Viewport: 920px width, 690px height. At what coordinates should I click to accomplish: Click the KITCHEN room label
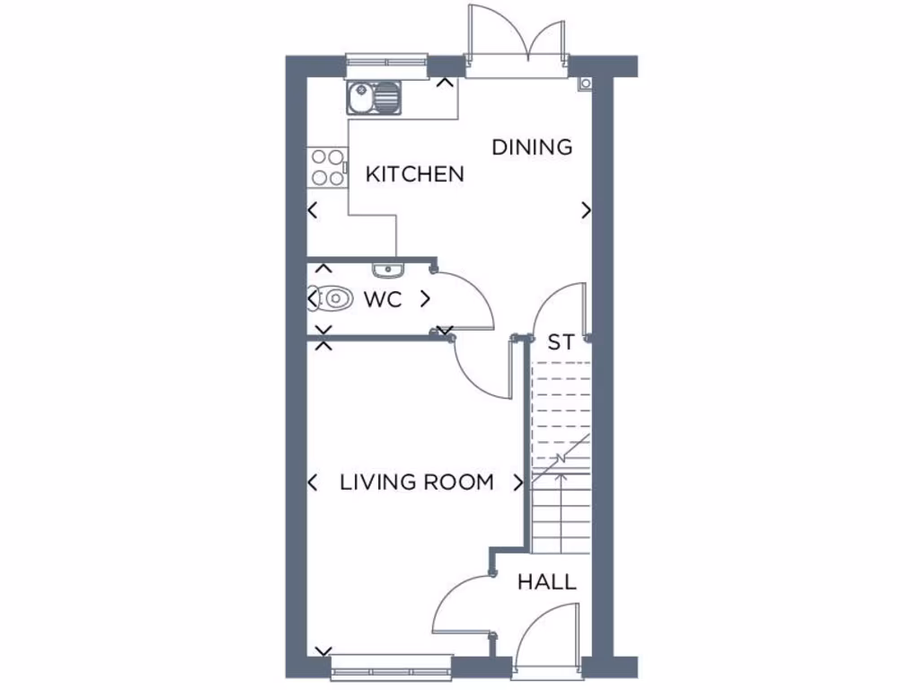[x=414, y=174]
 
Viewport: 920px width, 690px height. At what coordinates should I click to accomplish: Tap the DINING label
[x=532, y=146]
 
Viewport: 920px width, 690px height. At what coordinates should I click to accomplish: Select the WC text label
[x=383, y=299]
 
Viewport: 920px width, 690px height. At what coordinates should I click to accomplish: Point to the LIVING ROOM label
[x=417, y=482]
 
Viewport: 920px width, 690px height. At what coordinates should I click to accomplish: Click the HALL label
[x=546, y=582]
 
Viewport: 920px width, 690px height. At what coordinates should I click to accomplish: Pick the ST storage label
[x=561, y=342]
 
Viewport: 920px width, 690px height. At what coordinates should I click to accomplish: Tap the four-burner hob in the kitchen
[x=328, y=167]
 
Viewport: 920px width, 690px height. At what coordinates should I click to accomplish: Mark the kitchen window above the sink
[x=387, y=62]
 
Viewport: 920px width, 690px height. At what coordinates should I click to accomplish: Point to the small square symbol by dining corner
[x=586, y=84]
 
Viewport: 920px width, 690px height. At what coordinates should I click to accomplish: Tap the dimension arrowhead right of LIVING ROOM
[x=518, y=482]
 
